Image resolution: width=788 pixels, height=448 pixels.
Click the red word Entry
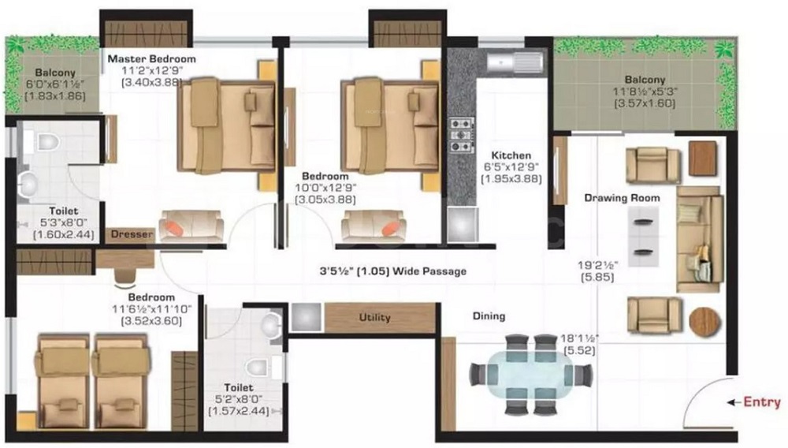pyautogui.click(x=762, y=402)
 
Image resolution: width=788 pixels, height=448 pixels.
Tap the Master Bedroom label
pyautogui.click(x=152, y=59)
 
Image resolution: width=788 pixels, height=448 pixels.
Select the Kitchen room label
pyautogui.click(x=511, y=155)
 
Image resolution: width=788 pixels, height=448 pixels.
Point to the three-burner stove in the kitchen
pyautogui.click(x=461, y=135)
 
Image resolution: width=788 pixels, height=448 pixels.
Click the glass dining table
pyautogui.click(x=530, y=375)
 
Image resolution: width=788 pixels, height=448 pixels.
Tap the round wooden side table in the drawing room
pyautogui.click(x=704, y=322)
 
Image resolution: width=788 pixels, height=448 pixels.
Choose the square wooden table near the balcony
pyautogui.click(x=703, y=159)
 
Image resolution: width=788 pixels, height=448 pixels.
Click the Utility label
pyautogui.click(x=375, y=317)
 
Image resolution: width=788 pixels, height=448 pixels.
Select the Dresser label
pyautogui.click(x=132, y=234)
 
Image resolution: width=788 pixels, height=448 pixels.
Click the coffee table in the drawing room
pyautogui.click(x=643, y=237)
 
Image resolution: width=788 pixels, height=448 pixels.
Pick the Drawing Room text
pyautogui.click(x=623, y=198)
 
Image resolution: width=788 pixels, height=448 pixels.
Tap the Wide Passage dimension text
pyautogui.click(x=393, y=271)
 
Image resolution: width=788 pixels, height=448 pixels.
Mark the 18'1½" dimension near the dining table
pyautogui.click(x=579, y=338)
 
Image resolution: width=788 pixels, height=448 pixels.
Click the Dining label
pyautogui.click(x=489, y=316)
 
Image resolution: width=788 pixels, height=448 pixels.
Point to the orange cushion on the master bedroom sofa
pyautogui.click(x=175, y=228)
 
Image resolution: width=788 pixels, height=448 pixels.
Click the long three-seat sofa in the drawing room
pyautogui.click(x=700, y=239)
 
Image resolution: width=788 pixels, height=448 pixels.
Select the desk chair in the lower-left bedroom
pyautogui.click(x=125, y=278)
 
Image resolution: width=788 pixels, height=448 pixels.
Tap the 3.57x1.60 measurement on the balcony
pyautogui.click(x=645, y=103)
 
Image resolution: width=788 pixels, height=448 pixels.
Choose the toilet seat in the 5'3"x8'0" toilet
pyautogui.click(x=47, y=142)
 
